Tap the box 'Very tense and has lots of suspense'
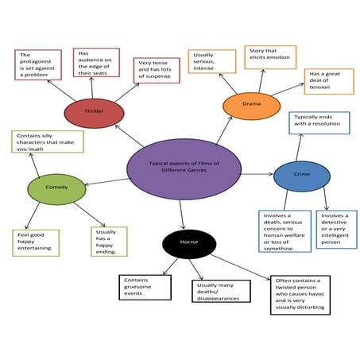point(157,69)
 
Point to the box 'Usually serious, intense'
point(212,61)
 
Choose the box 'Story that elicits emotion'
point(268,56)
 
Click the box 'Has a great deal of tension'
point(328,81)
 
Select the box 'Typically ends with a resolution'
point(319,122)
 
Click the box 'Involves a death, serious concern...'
point(285,231)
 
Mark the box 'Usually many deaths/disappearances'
point(216,291)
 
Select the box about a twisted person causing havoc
point(300,295)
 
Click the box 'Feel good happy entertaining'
point(37,241)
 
